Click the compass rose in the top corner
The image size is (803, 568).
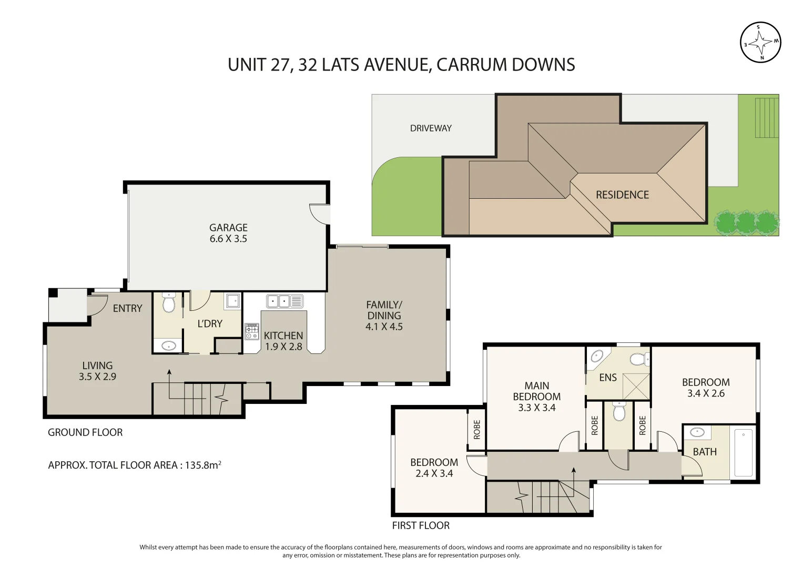tap(760, 42)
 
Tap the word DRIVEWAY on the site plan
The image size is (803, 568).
tap(431, 128)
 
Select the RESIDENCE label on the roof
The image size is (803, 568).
tap(622, 195)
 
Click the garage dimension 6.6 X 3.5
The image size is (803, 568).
tap(228, 239)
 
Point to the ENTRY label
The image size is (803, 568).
tap(127, 309)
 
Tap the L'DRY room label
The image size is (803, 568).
tap(210, 324)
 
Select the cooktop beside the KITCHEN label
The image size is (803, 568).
tap(252, 331)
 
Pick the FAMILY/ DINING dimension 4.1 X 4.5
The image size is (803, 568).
tap(384, 327)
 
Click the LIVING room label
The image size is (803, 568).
tap(97, 366)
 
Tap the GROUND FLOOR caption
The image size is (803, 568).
tap(85, 433)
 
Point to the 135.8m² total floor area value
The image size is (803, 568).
tap(202, 465)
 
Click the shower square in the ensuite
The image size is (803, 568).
tap(636, 387)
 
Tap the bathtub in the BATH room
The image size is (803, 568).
tap(743, 453)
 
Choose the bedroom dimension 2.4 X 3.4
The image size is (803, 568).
tap(434, 474)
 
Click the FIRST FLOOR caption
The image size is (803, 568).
tap(421, 526)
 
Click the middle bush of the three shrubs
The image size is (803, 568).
tap(746, 222)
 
